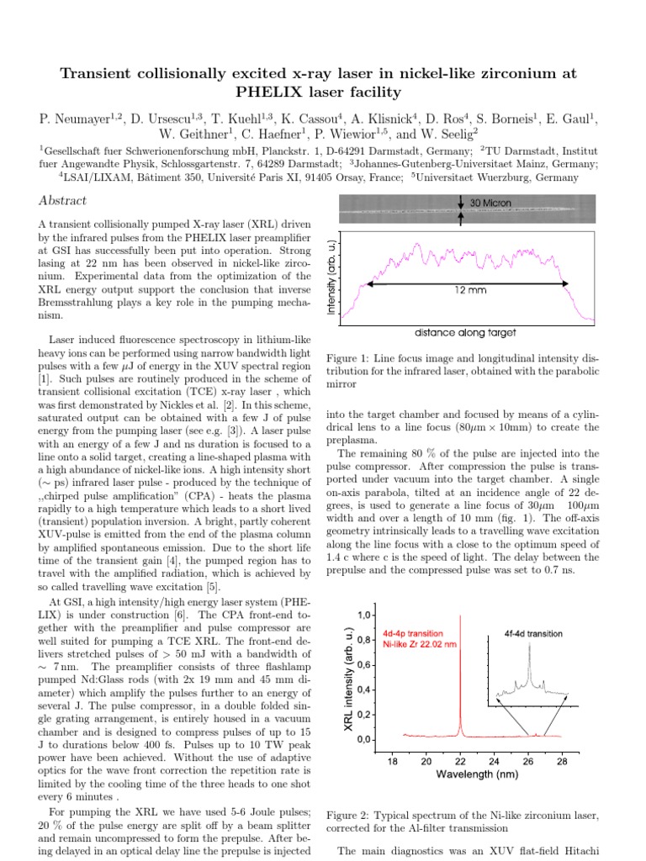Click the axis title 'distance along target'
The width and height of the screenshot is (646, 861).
[x=466, y=332]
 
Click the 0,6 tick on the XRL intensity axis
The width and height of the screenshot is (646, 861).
[x=365, y=665]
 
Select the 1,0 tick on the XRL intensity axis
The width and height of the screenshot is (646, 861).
[x=365, y=615]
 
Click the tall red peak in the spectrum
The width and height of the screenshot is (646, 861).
[x=460, y=673]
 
